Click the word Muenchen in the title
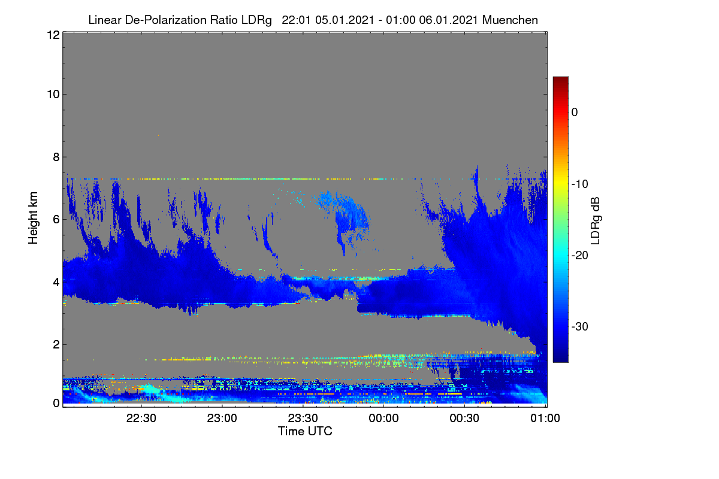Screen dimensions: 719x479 [510, 20]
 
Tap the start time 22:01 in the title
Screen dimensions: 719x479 [296, 20]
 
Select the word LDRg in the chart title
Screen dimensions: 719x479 [256, 20]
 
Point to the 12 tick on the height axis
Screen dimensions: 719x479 [53, 35]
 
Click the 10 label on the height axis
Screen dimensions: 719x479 [53, 94]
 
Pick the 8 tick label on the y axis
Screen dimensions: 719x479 [56, 157]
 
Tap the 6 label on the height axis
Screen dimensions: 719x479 [56, 220]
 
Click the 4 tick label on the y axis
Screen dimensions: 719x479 [56, 282]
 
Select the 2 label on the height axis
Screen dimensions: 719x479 [56, 344]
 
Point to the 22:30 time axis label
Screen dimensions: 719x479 [141, 418]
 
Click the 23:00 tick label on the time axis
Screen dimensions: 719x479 [222, 418]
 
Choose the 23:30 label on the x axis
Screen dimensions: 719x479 [303, 418]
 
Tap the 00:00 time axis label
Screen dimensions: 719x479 [383, 418]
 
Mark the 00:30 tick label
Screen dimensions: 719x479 [464, 418]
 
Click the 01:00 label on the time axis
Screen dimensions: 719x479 [545, 418]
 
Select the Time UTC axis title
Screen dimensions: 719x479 [305, 431]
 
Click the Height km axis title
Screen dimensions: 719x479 [33, 218]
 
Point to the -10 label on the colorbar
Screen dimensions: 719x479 [579, 184]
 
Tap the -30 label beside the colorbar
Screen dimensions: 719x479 [579, 326]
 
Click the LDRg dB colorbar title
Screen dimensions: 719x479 [596, 221]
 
